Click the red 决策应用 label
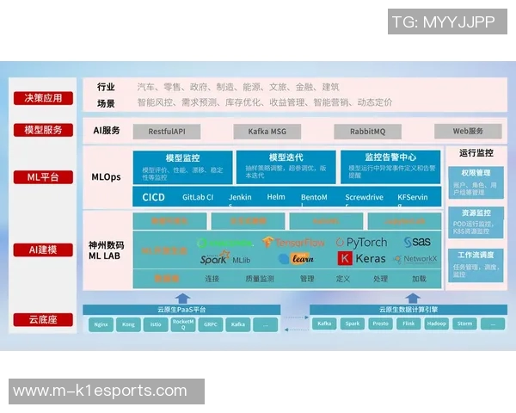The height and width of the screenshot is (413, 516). [x=43, y=98]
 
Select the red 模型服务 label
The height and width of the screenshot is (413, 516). [x=43, y=131]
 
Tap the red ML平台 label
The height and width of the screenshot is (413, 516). [x=43, y=178]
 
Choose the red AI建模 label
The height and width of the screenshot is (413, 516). [x=43, y=250]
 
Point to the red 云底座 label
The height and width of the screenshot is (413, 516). [x=43, y=320]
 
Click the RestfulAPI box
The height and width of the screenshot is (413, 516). [x=169, y=132]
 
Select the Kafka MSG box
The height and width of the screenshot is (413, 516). [x=267, y=132]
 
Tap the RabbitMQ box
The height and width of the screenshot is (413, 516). [x=367, y=132]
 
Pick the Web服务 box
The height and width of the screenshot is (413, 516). [x=467, y=132]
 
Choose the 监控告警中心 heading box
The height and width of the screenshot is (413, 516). [x=390, y=157]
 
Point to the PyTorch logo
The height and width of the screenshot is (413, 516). [x=361, y=243]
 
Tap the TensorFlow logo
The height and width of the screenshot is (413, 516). [x=292, y=243]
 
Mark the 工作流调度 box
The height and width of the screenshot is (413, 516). [x=475, y=256]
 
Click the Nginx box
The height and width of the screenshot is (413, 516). [x=101, y=324]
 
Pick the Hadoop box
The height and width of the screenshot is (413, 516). [x=437, y=324]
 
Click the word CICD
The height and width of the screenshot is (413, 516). [x=153, y=197]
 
